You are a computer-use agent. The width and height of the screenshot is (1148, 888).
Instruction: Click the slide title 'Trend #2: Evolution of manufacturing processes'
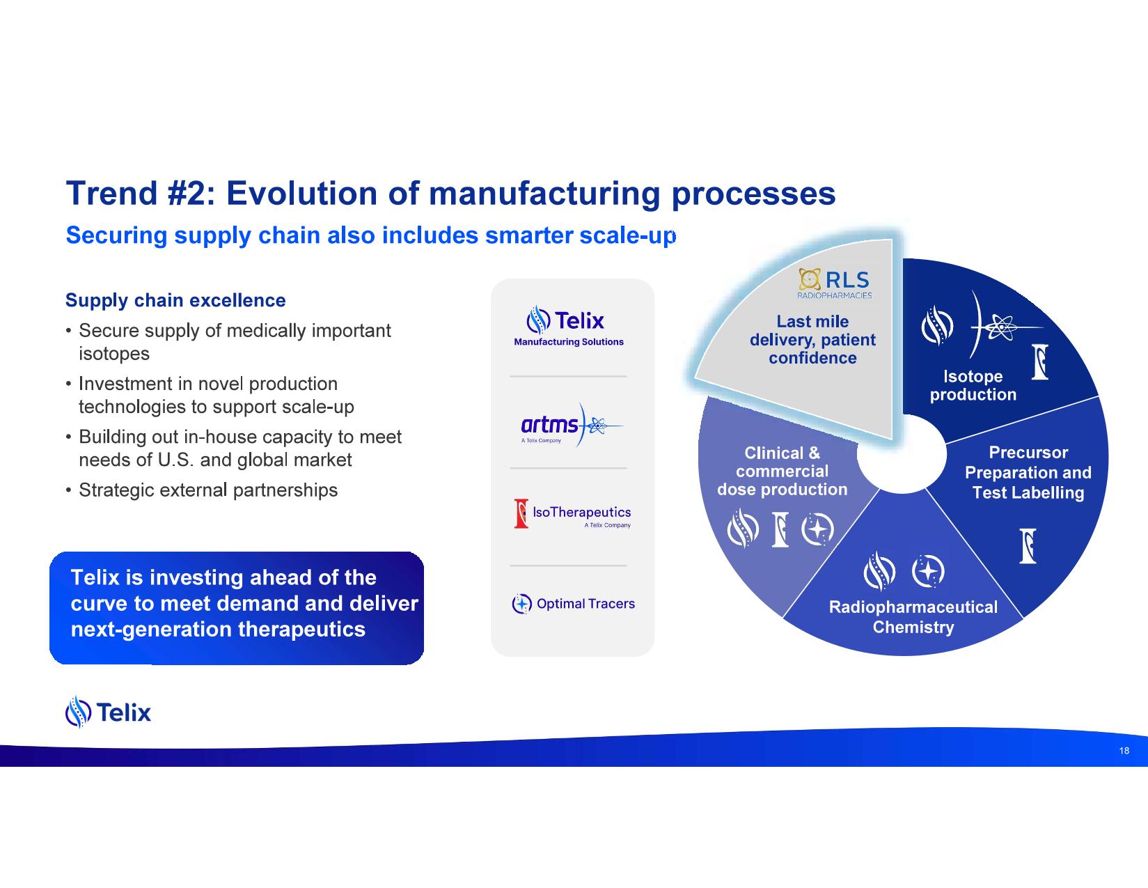pyautogui.click(x=450, y=194)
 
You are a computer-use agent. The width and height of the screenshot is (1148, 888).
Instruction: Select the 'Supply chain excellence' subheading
pyautogui.click(x=175, y=300)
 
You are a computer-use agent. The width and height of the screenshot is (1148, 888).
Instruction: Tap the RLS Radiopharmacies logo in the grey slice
pyautogui.click(x=835, y=283)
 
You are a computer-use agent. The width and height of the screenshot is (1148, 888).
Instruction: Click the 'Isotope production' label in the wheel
pyautogui.click(x=973, y=385)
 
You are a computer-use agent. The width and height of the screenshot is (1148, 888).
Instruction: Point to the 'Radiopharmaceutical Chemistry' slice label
pyautogui.click(x=913, y=617)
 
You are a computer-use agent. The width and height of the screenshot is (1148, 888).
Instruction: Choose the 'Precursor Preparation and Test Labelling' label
pyautogui.click(x=1028, y=472)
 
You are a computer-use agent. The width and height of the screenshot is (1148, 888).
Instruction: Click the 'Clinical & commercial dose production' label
pyautogui.click(x=782, y=472)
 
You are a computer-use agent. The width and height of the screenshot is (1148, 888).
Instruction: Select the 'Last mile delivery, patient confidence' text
pyautogui.click(x=812, y=340)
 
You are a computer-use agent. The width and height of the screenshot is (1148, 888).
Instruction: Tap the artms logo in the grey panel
pyautogui.click(x=572, y=426)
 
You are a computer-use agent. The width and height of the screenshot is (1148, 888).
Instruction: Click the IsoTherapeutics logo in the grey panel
pyautogui.click(x=573, y=513)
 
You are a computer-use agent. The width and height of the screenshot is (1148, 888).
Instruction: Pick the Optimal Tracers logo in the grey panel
pyautogui.click(x=573, y=604)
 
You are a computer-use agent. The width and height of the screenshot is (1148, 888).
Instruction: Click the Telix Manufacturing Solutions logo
pyautogui.click(x=569, y=326)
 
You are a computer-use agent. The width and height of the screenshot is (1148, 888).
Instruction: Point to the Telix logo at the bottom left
pyautogui.click(x=108, y=712)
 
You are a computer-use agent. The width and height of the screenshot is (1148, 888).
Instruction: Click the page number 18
pyautogui.click(x=1124, y=751)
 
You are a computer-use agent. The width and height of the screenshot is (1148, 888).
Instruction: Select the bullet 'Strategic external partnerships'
pyautogui.click(x=207, y=490)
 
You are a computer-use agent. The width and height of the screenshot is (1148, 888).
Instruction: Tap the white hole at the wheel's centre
pyautogui.click(x=902, y=454)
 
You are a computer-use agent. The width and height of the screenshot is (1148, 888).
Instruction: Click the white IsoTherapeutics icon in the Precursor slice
pyautogui.click(x=1028, y=546)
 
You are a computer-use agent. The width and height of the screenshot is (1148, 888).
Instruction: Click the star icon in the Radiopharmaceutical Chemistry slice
pyautogui.click(x=928, y=571)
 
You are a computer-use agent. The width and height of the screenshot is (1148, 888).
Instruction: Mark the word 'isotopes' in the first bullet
pyautogui.click(x=114, y=353)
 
